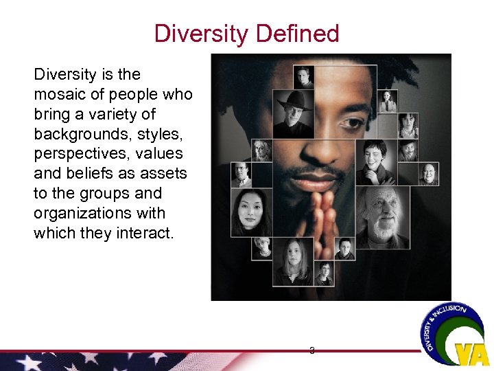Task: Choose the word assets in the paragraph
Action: [164, 174]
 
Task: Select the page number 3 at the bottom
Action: [312, 350]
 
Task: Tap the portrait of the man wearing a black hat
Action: [294, 114]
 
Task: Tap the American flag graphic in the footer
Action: [103, 361]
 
